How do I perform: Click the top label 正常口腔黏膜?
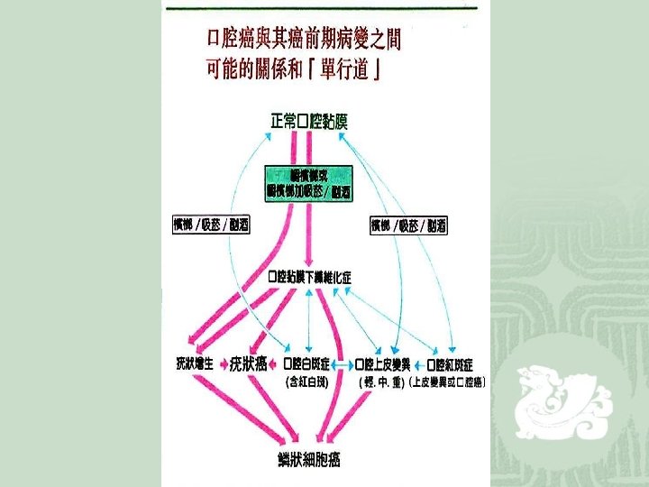pos(308,121)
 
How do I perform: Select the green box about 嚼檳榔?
pos(308,183)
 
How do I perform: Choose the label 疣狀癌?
pos(249,364)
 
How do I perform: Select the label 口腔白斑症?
pos(306,364)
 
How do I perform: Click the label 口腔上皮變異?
pos(382,364)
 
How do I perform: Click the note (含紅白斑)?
pos(306,381)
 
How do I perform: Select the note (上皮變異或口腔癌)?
pos(447,381)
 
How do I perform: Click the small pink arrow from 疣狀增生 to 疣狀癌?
pos(224,364)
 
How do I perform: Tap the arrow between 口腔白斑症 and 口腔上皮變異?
pos(343,364)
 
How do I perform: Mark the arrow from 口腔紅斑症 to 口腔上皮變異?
pos(418,364)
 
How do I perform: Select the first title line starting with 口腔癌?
pos(303,40)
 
